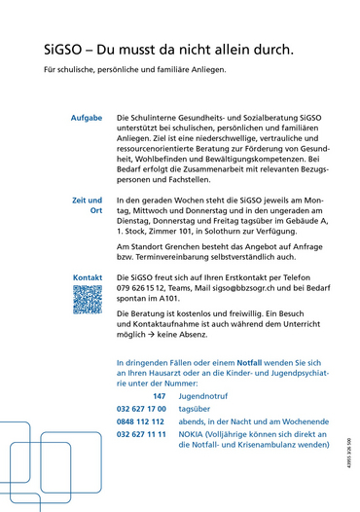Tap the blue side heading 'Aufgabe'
tap(87, 117)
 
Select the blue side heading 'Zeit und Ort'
tap(88, 204)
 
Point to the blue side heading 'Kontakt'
tap(88, 277)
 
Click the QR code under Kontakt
tap(88, 300)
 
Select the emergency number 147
tap(159, 396)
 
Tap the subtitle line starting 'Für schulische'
tap(134, 70)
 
